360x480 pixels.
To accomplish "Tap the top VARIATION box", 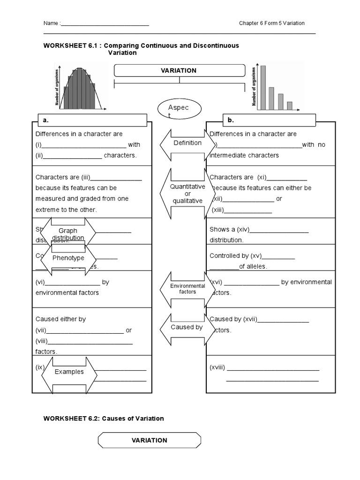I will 179,70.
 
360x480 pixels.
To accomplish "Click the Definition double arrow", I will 187,143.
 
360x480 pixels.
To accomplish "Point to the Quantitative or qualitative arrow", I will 187,193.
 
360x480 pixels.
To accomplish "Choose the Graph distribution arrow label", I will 68,234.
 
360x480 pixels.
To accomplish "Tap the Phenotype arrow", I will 68,258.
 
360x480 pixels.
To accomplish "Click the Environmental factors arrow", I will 187,289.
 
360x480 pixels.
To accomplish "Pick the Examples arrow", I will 69,372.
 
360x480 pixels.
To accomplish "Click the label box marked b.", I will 270,120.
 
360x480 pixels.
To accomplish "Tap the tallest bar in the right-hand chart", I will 263,87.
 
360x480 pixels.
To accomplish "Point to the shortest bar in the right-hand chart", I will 290,105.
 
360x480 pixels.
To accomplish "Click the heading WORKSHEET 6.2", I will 104,418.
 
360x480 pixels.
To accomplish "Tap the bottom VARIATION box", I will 149,440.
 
